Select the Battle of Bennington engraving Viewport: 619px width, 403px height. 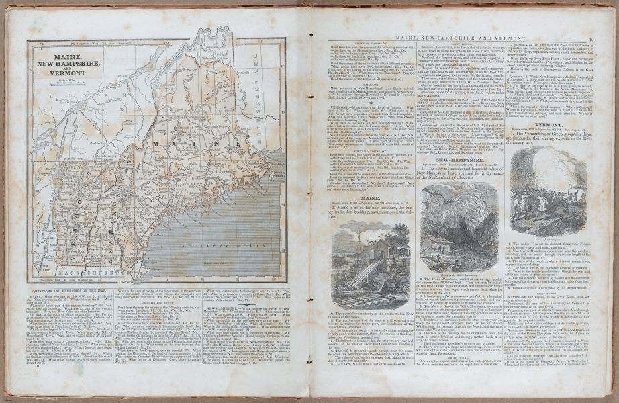549,178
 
